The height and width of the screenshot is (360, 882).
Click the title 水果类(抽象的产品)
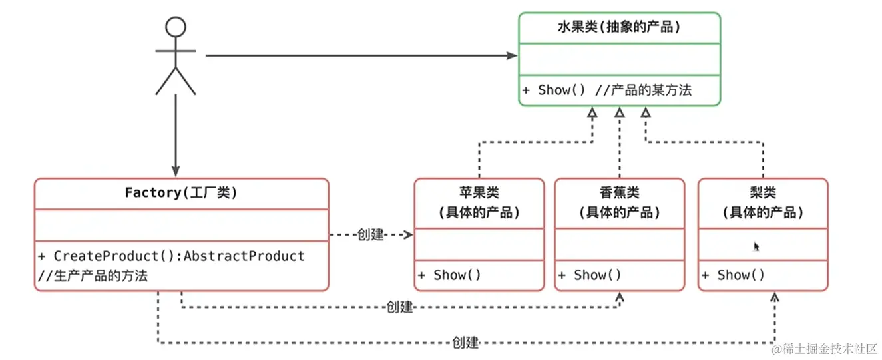[x=618, y=28]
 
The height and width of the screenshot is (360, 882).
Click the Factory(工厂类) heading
[x=181, y=193]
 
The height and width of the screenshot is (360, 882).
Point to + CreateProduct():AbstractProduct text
[x=171, y=256]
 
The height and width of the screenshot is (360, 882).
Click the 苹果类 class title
[x=479, y=193]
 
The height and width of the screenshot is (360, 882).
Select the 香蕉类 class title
[x=619, y=193]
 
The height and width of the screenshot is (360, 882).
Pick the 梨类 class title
[x=763, y=193]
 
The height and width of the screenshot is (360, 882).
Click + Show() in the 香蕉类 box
[x=589, y=275]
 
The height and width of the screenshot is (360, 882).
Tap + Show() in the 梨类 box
[x=732, y=275]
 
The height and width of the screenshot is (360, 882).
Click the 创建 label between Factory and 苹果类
[x=371, y=235]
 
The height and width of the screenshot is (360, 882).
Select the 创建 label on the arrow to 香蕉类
[x=399, y=307]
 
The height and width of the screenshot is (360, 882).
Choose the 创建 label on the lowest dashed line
[x=465, y=343]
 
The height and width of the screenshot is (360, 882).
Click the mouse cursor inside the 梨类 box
[x=756, y=246]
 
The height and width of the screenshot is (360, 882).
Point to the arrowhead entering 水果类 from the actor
[x=512, y=56]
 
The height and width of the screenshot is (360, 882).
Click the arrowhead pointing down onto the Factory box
[x=175, y=172]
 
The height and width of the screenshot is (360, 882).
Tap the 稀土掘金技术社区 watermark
[x=825, y=349]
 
